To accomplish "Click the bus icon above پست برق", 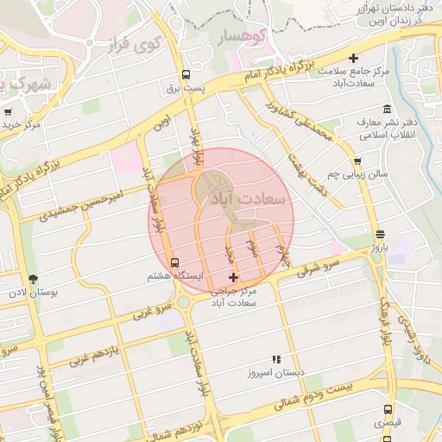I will pyautogui.click(x=186, y=74).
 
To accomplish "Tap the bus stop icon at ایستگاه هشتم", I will pyautogui.click(x=176, y=262).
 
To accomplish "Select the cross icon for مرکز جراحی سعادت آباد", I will pyautogui.click(x=233, y=277).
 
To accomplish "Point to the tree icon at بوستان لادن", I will pyautogui.click(x=34, y=278).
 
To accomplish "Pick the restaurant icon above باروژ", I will pyautogui.click(x=380, y=234).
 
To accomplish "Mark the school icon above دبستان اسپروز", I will pyautogui.click(x=276, y=359).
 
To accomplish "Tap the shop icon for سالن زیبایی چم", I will pyautogui.click(x=357, y=161).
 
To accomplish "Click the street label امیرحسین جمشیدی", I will pyautogui.click(x=91, y=204).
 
